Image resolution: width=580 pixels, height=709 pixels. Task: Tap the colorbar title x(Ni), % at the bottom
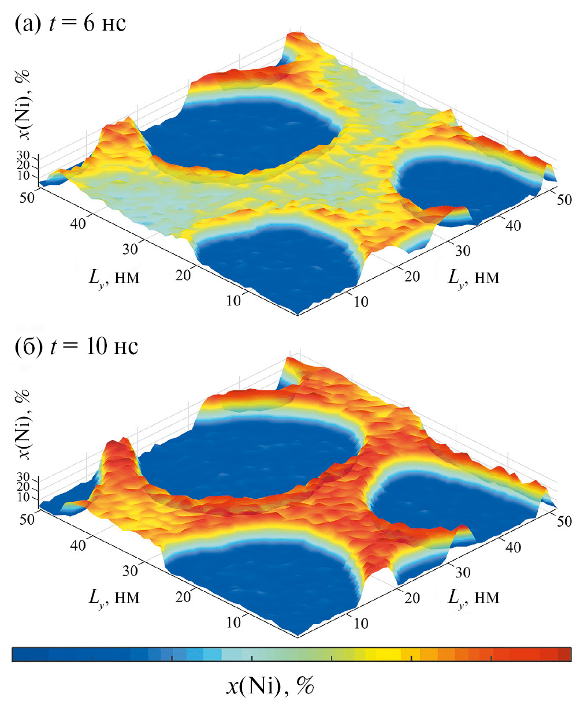click(269, 686)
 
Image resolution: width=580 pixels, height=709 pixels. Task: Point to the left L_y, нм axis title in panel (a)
click(114, 279)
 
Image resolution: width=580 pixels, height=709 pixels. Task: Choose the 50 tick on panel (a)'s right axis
click(563, 200)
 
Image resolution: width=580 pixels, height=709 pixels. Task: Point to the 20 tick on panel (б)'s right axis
click(411, 598)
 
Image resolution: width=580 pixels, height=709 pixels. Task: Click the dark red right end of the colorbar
click(564, 654)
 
